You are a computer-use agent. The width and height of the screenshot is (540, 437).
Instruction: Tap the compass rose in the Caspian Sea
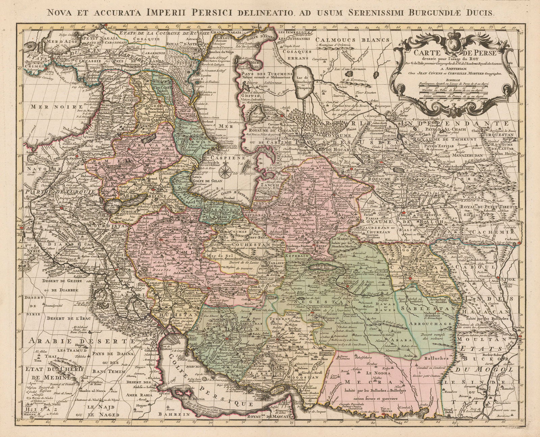point(224,171)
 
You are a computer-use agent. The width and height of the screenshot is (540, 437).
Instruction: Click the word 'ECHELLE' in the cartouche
point(452,80)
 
